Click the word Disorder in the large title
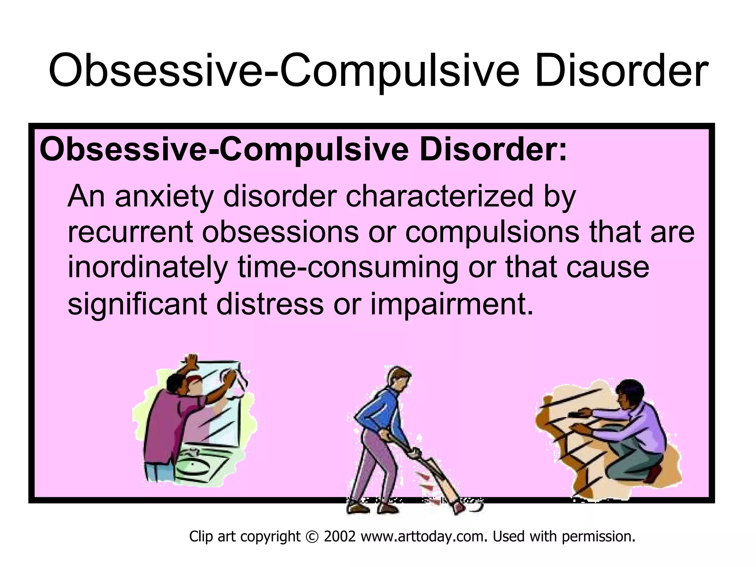click(621, 71)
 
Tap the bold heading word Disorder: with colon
click(493, 150)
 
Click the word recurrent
click(130, 233)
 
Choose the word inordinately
click(147, 268)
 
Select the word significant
click(137, 304)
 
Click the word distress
click(270, 303)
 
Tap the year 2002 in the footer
click(340, 536)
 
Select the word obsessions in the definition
click(281, 233)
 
